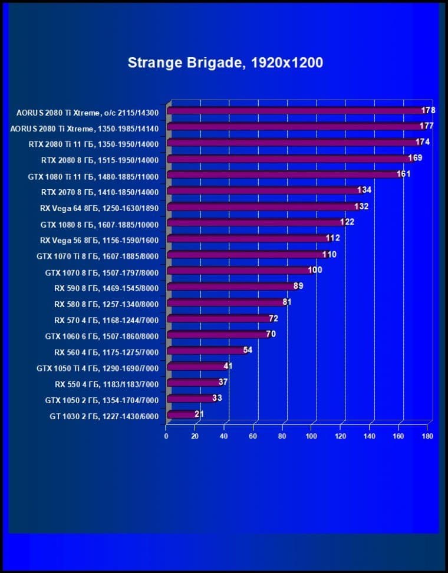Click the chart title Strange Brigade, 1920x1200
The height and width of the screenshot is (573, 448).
click(225, 62)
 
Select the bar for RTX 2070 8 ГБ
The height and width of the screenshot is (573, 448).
click(264, 191)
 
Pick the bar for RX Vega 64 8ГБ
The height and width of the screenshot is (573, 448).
click(262, 207)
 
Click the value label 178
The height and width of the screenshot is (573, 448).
click(429, 110)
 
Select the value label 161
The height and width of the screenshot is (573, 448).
click(403, 174)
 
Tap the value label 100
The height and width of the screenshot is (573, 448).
click(315, 270)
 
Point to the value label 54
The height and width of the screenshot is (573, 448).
click(248, 350)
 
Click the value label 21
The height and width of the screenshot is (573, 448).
click(199, 414)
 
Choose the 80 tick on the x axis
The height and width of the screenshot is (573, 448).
click(282, 436)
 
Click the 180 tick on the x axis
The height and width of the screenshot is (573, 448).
click(427, 436)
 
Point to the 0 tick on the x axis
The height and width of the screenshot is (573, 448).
click(166, 436)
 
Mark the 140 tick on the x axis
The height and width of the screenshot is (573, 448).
click(369, 436)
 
